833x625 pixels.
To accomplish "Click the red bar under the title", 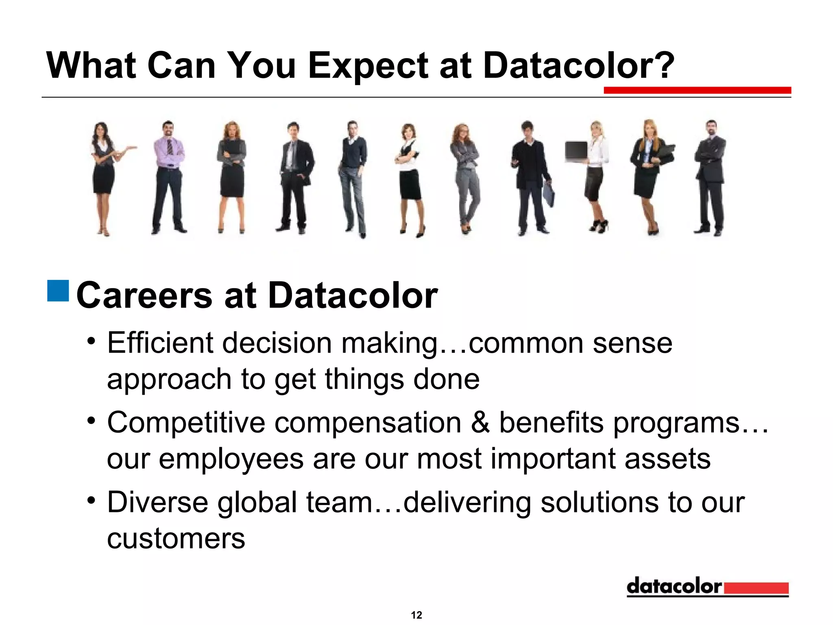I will pos(697,90).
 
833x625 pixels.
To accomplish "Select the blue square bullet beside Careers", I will pos(58,291).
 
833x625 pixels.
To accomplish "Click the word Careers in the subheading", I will pos(144,295).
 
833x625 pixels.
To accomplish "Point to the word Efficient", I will pos(160,343).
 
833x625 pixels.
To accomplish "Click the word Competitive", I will pos(186,422).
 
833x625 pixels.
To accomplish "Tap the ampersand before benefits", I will pos(480,422).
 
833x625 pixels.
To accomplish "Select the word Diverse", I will pos(157,502).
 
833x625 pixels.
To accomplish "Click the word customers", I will pos(176,538).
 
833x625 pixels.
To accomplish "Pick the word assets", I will pos(667,459).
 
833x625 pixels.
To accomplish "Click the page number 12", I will pos(416,615).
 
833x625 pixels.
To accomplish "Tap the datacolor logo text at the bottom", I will pos(674,586).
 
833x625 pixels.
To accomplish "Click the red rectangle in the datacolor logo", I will pos(756,588).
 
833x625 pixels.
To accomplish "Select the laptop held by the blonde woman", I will pos(576,151).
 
